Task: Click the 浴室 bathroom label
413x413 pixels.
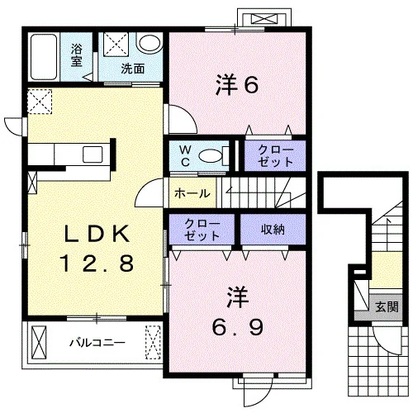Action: tap(76, 55)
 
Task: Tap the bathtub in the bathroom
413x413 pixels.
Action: tap(44, 57)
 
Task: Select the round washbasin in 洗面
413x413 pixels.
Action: tap(150, 44)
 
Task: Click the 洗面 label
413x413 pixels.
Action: tap(133, 69)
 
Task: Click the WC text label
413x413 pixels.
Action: tap(185, 156)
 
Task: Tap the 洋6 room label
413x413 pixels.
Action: tap(237, 84)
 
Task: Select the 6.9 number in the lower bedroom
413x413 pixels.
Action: tap(237, 327)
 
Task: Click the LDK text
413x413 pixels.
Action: tap(97, 234)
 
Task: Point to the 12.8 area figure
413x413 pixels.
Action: tap(97, 263)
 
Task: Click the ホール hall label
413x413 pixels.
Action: tap(192, 193)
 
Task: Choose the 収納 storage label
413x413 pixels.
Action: tap(273, 229)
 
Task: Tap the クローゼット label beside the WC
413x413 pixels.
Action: tap(275, 156)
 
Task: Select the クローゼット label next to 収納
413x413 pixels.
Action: tap(202, 230)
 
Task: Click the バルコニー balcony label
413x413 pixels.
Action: tap(97, 343)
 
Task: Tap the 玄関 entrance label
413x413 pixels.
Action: tap(387, 306)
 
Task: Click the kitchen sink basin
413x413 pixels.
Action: tap(93, 154)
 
